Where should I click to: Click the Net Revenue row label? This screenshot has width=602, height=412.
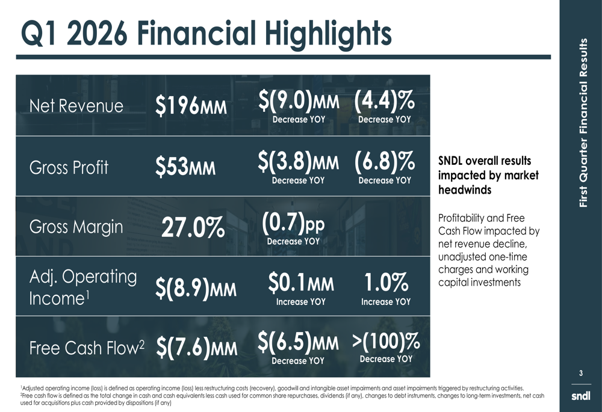pyautogui.click(x=76, y=106)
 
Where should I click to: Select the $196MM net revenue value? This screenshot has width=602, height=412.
pyautogui.click(x=191, y=106)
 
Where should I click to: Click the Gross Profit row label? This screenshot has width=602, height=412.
pyautogui.click(x=69, y=167)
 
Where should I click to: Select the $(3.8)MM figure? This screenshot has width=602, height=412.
pyautogui.click(x=299, y=162)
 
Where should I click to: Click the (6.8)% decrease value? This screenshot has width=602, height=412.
pyautogui.click(x=384, y=162)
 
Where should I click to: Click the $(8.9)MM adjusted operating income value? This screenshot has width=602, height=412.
pyautogui.click(x=196, y=290)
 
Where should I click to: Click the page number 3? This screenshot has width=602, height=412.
pyautogui.click(x=581, y=374)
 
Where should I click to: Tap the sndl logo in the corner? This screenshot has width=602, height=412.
pyautogui.click(x=581, y=396)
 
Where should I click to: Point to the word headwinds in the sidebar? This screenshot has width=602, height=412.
pyautogui.click(x=465, y=190)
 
